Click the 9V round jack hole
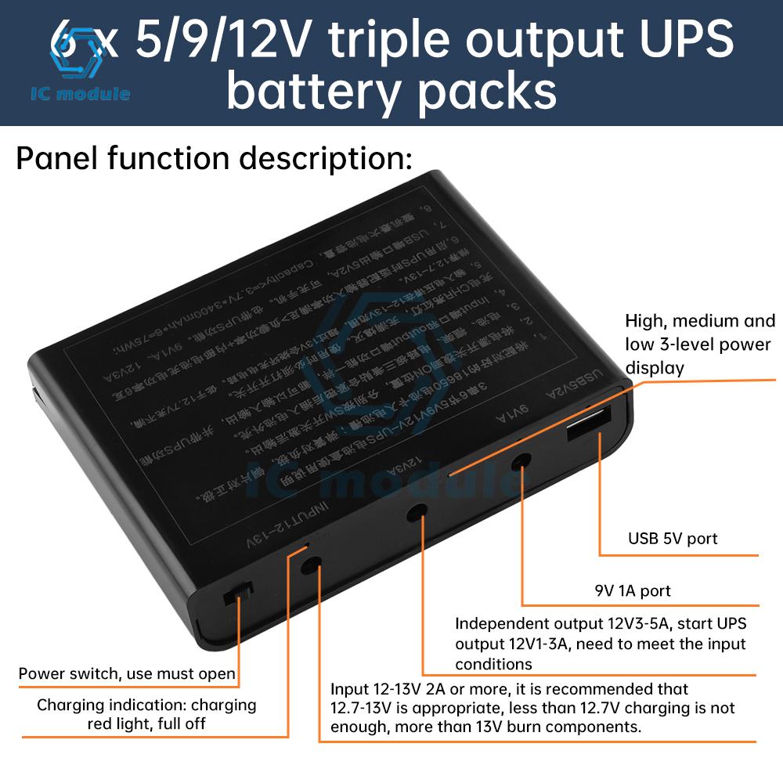coord(519,464)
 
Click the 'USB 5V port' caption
coord(673,539)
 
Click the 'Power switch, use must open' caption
coord(127,673)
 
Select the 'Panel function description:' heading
coord(214,159)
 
